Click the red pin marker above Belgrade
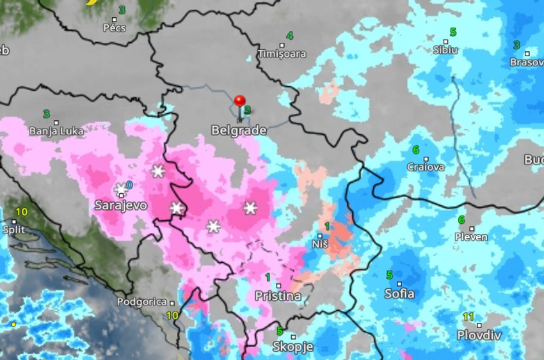240,102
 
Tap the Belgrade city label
239,130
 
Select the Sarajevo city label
120,206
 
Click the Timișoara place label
282,54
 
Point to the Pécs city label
114,28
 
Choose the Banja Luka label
56,131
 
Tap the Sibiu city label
445,50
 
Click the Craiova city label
426,167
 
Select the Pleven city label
471,237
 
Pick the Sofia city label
399,294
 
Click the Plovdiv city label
479,335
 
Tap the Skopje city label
293,347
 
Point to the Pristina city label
278,296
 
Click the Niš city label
320,244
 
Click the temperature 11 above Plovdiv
468,317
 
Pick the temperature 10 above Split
21,212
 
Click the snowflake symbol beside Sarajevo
120,189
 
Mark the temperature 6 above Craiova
416,150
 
